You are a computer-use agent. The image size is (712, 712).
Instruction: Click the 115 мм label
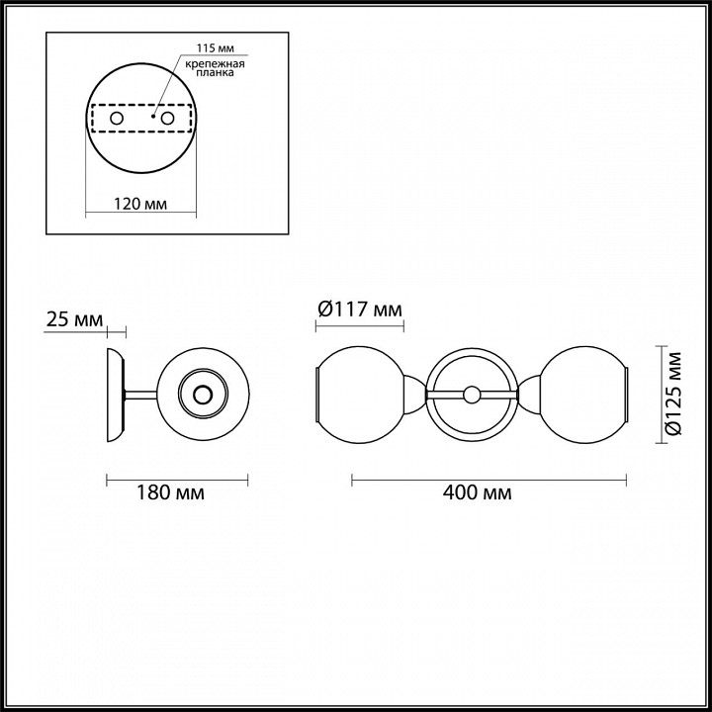pyautogui.click(x=216, y=48)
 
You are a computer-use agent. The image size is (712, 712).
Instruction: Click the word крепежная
pyautogui.click(x=215, y=64)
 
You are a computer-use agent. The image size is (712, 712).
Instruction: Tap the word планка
pyautogui.click(x=216, y=72)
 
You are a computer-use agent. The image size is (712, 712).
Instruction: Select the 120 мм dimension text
pyautogui.click(x=140, y=204)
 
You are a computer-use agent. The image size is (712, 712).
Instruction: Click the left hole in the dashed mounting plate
pyautogui.click(x=117, y=119)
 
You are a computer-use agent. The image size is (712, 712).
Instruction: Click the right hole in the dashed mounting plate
pyautogui.click(x=167, y=119)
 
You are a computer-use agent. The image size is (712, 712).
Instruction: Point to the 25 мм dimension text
pyautogui.click(x=75, y=319)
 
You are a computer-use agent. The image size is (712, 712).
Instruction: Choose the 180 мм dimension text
pyautogui.click(x=171, y=492)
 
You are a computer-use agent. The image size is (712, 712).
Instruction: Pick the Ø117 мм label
pyautogui.click(x=360, y=310)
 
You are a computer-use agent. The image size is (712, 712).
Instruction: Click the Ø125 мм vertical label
pyautogui.click(x=674, y=394)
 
